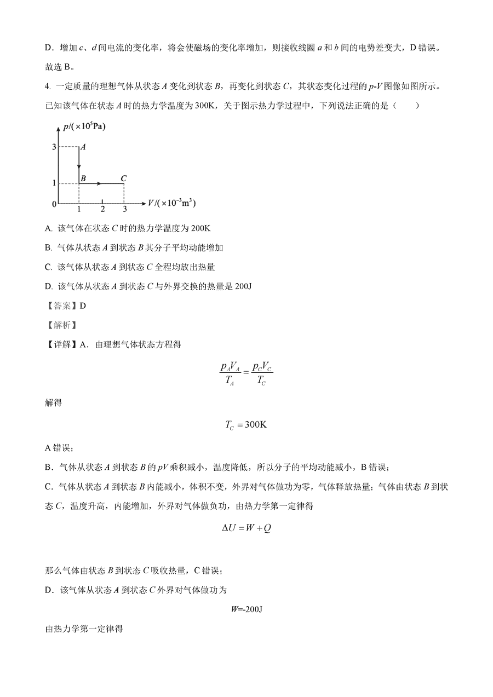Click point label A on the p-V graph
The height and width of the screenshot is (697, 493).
coord(83,147)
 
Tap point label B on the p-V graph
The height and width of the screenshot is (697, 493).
coord(83,178)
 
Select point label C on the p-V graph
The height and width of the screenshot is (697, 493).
coord(124,178)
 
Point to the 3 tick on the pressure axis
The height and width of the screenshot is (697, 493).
coord(54,147)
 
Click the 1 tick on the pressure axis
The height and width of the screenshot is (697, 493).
coord(54,183)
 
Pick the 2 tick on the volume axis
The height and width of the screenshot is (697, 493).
coord(102,209)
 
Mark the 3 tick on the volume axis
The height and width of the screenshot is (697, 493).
coord(124,209)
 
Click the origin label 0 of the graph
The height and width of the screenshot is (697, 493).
coord(54,204)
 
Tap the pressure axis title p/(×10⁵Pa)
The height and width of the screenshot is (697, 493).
coord(85,126)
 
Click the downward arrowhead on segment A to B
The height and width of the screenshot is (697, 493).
coord(79,166)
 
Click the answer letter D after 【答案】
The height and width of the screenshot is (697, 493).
coord(83,306)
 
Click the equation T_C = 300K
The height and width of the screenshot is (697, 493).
coord(246,425)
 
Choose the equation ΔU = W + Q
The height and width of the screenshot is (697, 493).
coord(246,528)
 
